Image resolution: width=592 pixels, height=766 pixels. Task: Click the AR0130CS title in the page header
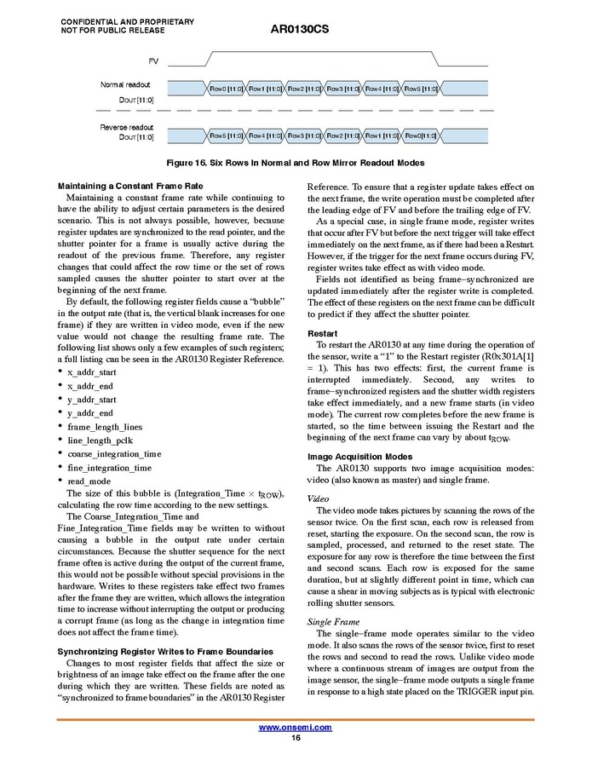(x=299, y=29)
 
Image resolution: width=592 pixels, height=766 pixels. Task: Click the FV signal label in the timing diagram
(x=153, y=61)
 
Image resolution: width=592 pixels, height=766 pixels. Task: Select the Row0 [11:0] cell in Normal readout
(x=225, y=89)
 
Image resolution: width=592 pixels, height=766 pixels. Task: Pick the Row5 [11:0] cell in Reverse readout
(x=225, y=135)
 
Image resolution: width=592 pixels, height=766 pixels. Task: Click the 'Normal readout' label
(x=125, y=84)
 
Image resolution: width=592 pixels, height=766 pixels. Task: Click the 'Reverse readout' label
(x=125, y=128)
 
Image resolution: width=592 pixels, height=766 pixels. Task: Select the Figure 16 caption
(x=296, y=163)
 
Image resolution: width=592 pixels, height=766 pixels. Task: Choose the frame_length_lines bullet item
(x=105, y=427)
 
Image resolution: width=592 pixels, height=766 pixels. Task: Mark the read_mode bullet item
(x=89, y=481)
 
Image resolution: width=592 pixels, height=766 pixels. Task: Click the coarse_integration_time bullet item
(x=114, y=454)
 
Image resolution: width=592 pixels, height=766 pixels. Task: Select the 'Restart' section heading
(x=322, y=333)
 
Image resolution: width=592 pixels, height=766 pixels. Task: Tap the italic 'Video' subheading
(x=318, y=498)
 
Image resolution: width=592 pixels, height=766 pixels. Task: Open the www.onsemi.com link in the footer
(x=296, y=727)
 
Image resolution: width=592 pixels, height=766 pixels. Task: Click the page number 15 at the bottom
(x=296, y=737)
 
